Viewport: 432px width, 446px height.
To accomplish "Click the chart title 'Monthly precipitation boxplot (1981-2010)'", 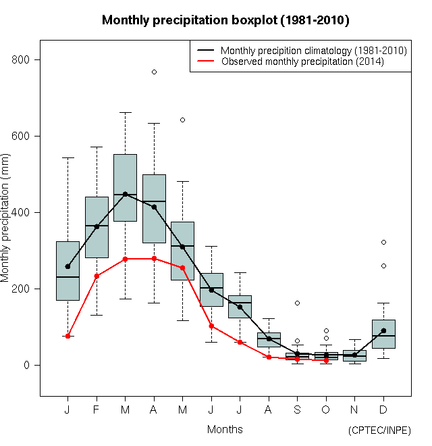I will pos(225,20).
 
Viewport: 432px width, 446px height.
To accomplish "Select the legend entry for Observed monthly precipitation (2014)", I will pos(302,61).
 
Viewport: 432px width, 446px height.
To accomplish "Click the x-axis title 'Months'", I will pos(225,429).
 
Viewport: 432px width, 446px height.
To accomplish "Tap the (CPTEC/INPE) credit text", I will pos(379,430).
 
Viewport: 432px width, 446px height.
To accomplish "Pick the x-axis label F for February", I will pos(97,410).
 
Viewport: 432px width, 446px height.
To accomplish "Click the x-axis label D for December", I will pos(383,410).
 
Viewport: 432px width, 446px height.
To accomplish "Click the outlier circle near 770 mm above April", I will pos(154,72).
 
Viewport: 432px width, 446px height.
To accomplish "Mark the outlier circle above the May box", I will pos(182,120).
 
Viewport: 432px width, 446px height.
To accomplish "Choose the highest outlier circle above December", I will pos(383,242).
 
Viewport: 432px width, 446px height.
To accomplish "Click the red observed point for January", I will pos(67,336).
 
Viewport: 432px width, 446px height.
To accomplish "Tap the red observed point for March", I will pos(125,259).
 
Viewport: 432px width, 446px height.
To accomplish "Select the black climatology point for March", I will pos(125,195).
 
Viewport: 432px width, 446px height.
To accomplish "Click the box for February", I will pos(97,227).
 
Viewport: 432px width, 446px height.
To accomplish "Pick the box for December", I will pos(383,334).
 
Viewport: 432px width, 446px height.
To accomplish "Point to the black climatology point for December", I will pos(383,330).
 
